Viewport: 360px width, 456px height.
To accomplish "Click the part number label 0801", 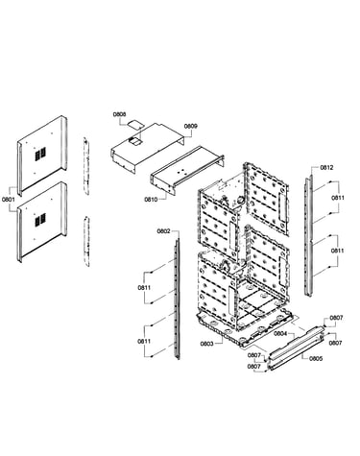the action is [9, 200].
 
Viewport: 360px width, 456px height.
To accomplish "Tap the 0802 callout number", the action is [163, 231].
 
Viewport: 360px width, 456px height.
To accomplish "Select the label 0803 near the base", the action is [206, 344].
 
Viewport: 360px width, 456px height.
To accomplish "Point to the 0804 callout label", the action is [280, 334].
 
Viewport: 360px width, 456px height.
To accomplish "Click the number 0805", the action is [316, 358].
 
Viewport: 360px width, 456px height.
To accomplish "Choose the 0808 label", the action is [119, 114].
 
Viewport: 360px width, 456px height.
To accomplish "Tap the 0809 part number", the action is [191, 126].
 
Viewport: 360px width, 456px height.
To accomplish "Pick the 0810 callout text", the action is [151, 200].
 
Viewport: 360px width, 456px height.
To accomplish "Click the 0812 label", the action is [326, 167].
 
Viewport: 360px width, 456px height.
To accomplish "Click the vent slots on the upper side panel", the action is [40, 154].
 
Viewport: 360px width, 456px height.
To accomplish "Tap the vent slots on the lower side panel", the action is [40, 220].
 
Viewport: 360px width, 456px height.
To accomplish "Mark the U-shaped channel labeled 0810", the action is [187, 171].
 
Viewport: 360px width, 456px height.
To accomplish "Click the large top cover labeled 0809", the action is [148, 147].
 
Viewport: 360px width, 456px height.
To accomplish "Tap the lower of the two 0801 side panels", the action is [42, 222].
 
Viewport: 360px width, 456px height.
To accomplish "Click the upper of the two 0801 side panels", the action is [42, 156].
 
